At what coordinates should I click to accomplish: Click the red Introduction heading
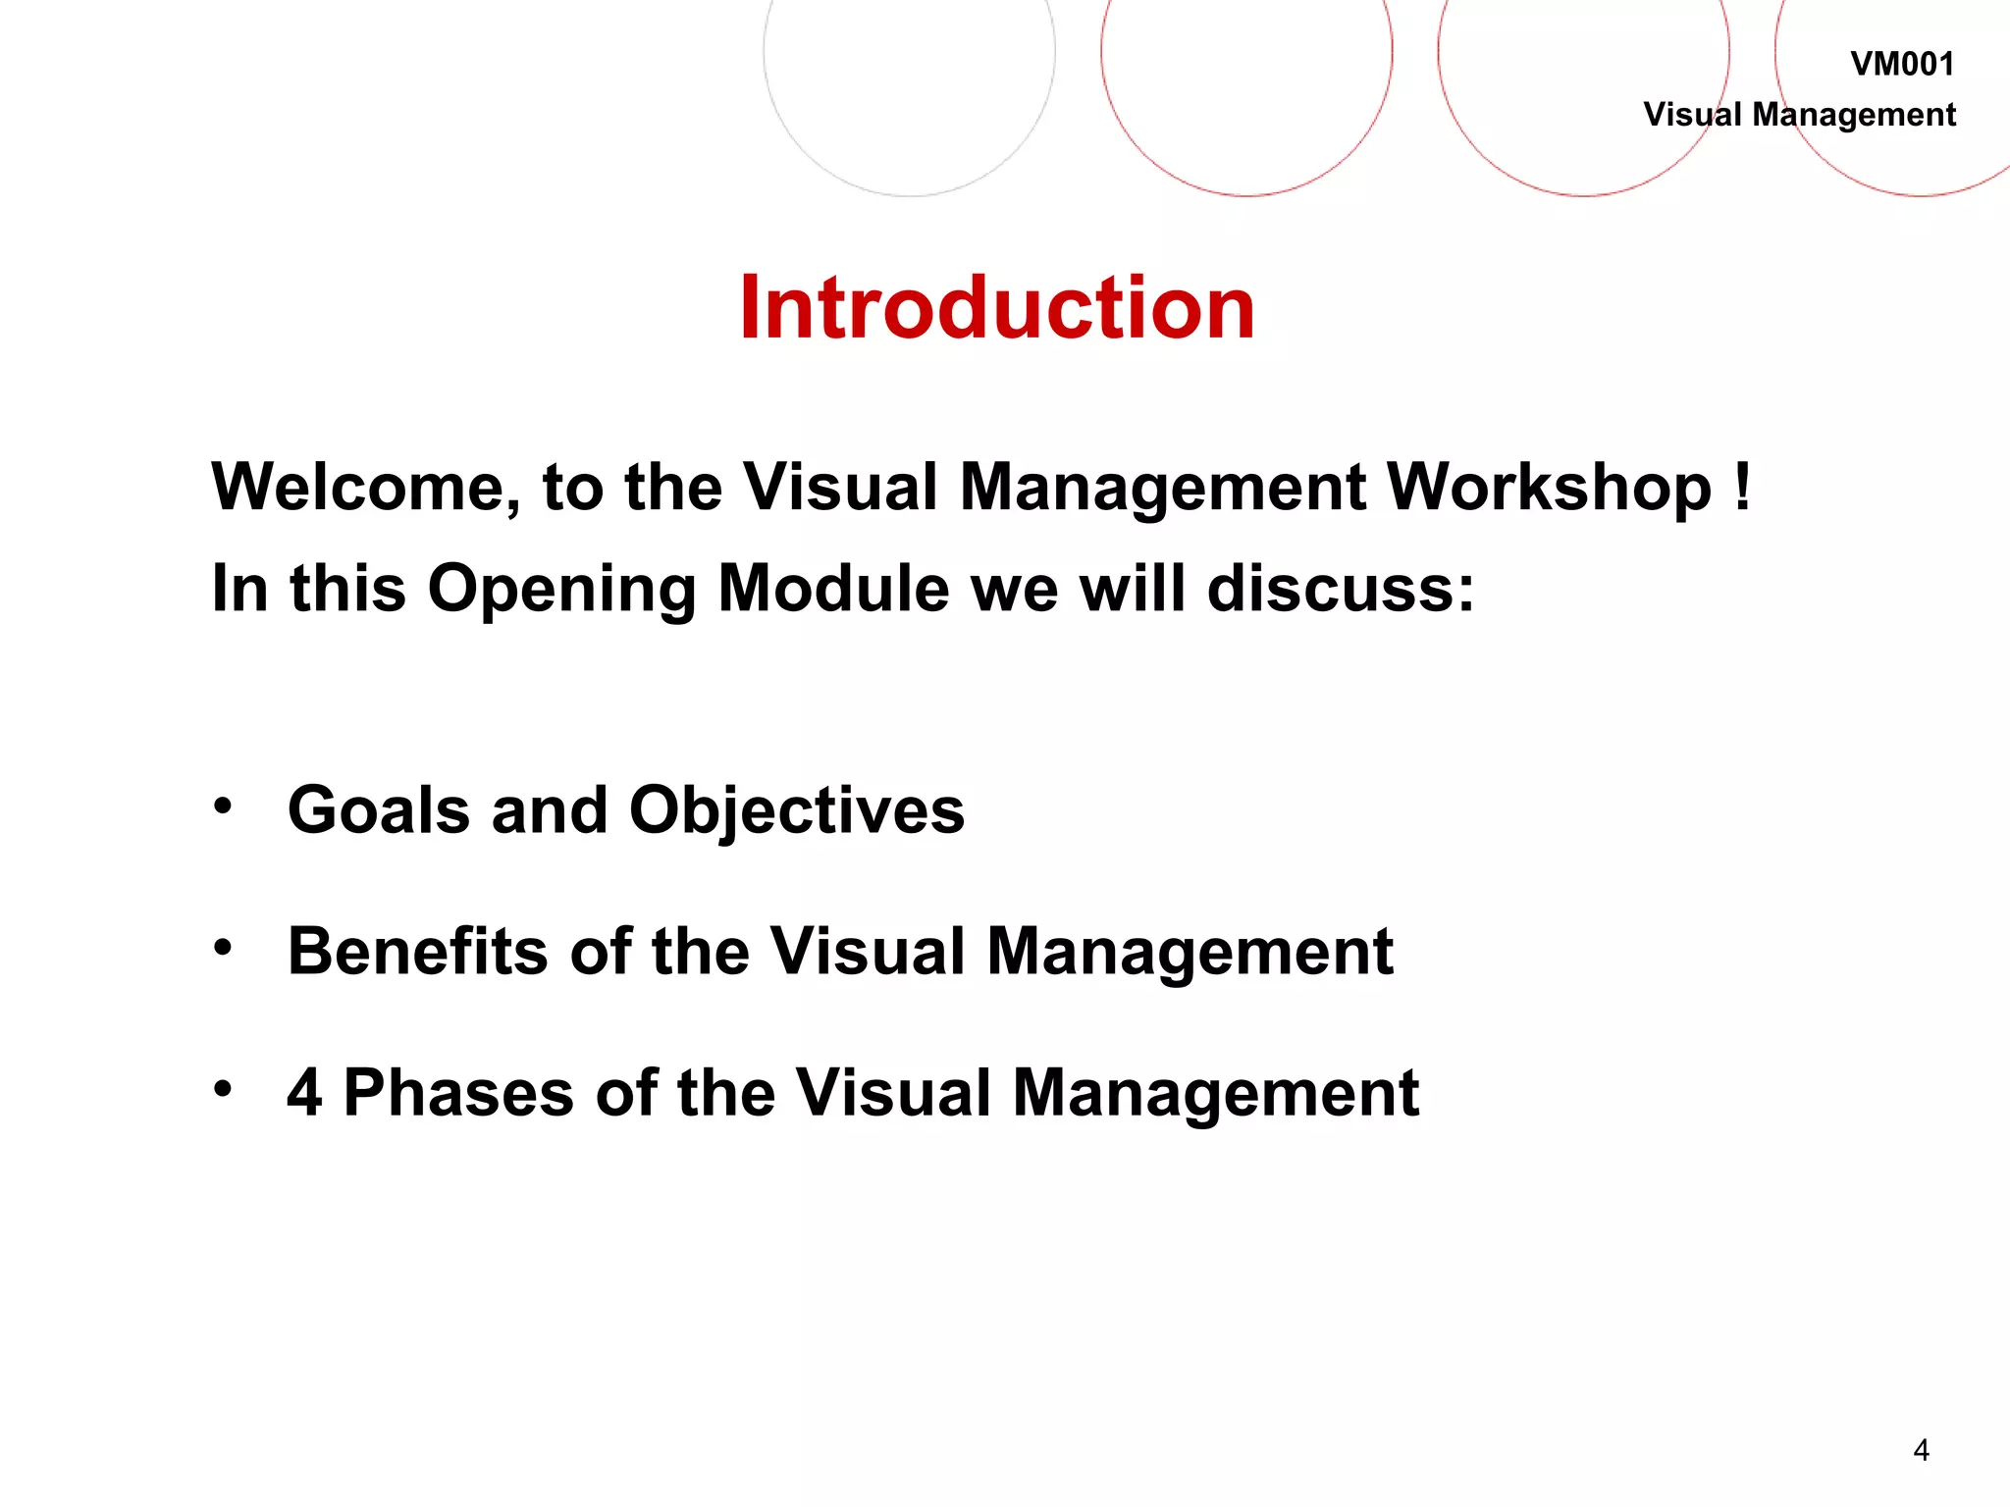coord(996,308)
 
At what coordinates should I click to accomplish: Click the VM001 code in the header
coord(1902,65)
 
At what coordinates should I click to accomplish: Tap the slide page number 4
coord(1921,1449)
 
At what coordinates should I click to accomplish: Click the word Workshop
coord(1549,488)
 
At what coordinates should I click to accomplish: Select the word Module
coord(833,589)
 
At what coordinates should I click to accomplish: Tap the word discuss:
coord(1340,589)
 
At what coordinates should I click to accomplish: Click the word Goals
coord(379,811)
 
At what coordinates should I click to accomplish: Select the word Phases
coord(458,1093)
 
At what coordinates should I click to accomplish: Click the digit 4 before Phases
coord(304,1093)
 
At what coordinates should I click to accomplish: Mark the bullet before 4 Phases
coord(224,1088)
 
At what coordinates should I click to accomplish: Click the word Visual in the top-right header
coord(1692,115)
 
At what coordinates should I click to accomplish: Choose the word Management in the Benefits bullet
coord(1190,952)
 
